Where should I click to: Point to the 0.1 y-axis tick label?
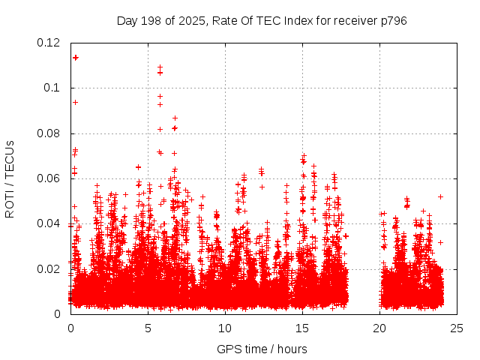pyautogui.click(x=54, y=88)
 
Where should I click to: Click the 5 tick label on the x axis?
pyautogui.click(x=148, y=328)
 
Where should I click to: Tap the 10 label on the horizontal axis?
pyautogui.click(x=225, y=328)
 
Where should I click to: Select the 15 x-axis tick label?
pyautogui.click(x=302, y=328)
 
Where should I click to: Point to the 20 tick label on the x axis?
pyautogui.click(x=379, y=328)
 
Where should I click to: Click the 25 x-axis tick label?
pyautogui.click(x=457, y=328)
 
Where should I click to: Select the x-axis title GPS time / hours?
pyautogui.click(x=262, y=349)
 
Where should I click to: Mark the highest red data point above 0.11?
pyautogui.click(x=75, y=57)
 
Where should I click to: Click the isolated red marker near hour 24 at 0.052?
pyautogui.click(x=440, y=196)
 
